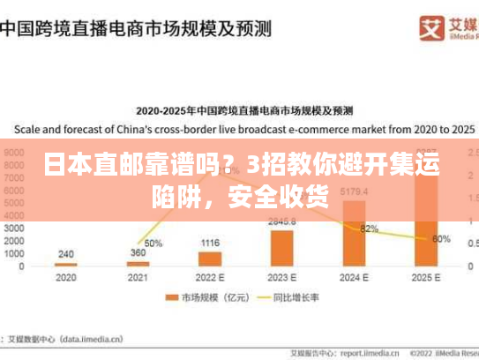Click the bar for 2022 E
[210, 259]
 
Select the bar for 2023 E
[282, 248]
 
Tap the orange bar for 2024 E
[355, 233]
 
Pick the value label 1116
[210, 243]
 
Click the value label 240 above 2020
[65, 254]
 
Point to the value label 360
[138, 252]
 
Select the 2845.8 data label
[282, 221]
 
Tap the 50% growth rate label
[153, 243]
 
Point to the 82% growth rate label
[370, 229]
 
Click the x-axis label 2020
[65, 276]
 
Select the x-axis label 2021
[138, 276]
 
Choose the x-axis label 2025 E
[427, 276]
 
